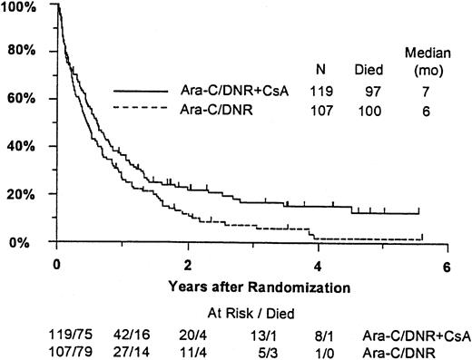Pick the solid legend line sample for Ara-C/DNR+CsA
pyautogui.click(x=143, y=92)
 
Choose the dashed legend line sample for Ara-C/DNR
pyautogui.click(x=143, y=109)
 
